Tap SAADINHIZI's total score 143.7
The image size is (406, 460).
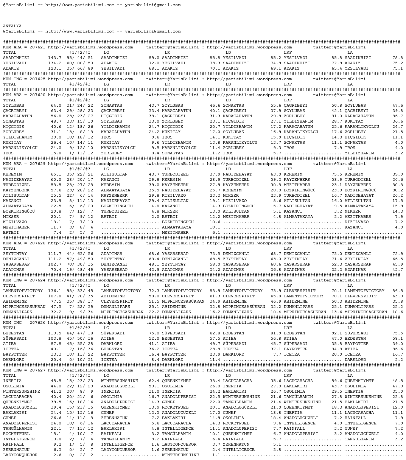point(54,58)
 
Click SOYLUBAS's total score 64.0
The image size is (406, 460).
point(56,106)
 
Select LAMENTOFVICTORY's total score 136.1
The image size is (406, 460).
point(54,291)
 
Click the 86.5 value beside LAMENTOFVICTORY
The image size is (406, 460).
point(397,291)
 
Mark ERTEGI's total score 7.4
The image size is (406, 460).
point(57,233)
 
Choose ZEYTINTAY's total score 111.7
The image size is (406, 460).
point(54,254)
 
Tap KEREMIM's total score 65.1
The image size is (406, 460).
point(56,174)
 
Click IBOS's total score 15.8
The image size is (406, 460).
point(56,153)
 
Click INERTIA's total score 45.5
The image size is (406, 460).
point(56,381)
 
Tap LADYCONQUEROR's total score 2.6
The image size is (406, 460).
point(57,455)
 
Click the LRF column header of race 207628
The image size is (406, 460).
point(288,249)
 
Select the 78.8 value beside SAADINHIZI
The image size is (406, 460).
point(397,58)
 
